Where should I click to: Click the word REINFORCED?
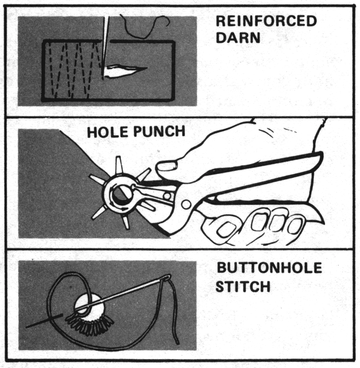[x=267, y=21]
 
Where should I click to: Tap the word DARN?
[x=238, y=37]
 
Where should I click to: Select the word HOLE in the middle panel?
[x=108, y=132]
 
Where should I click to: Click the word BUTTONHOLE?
[x=269, y=268]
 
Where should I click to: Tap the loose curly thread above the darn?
[x=145, y=26]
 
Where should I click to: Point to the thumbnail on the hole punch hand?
[x=167, y=167]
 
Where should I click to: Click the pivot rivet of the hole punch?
[x=186, y=204]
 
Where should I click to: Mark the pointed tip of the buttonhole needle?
[x=26, y=327]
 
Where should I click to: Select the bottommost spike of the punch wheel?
[x=126, y=222]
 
